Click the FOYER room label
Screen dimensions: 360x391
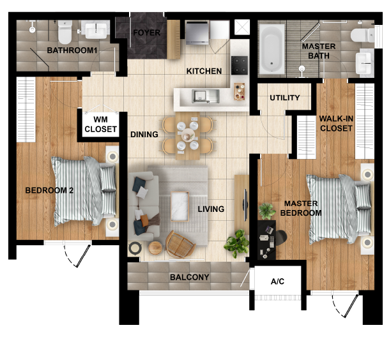click(146, 33)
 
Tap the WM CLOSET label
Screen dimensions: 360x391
click(101, 124)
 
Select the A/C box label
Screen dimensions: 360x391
click(277, 281)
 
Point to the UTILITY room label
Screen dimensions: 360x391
click(284, 98)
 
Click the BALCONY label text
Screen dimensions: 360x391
click(189, 278)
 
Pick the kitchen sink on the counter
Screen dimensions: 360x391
click(206, 96)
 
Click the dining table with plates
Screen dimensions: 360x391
click(187, 135)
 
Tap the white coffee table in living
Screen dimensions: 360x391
click(180, 206)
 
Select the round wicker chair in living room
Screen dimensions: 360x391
click(178, 243)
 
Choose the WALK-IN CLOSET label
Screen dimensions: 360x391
click(335, 123)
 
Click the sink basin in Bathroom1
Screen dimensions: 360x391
click(96, 30)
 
